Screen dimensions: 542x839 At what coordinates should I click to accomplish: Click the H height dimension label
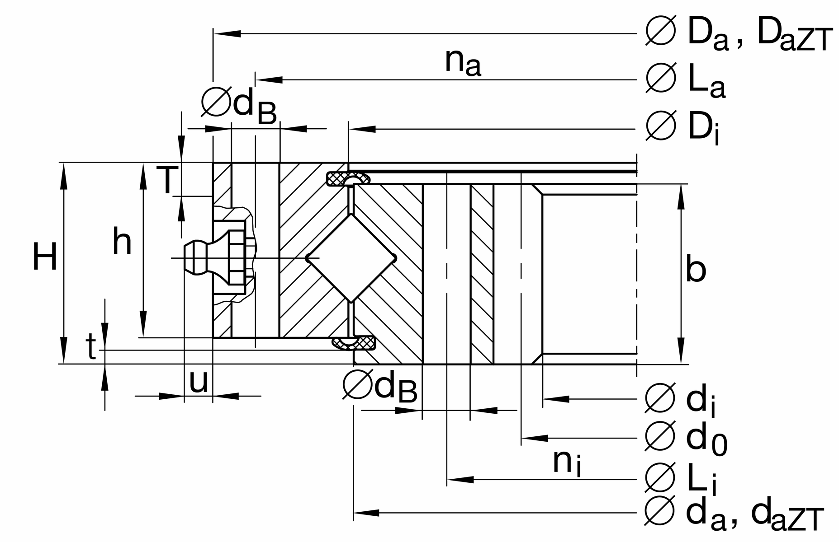[x=45, y=257]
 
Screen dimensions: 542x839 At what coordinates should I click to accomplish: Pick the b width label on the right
[x=696, y=270]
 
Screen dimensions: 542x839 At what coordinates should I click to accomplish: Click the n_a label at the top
[x=463, y=62]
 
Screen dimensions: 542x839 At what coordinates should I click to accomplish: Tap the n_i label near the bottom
[x=566, y=463]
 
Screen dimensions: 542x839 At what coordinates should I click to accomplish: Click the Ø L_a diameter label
[x=686, y=80]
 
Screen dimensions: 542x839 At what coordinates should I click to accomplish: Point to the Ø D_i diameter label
[x=683, y=128]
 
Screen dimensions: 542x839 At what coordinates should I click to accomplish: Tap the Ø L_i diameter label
[x=681, y=479]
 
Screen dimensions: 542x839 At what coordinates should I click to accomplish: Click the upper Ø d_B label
[x=239, y=105]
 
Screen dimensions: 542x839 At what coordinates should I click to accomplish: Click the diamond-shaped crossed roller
[x=351, y=258]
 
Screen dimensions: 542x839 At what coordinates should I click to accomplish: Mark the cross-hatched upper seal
[x=348, y=178]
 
